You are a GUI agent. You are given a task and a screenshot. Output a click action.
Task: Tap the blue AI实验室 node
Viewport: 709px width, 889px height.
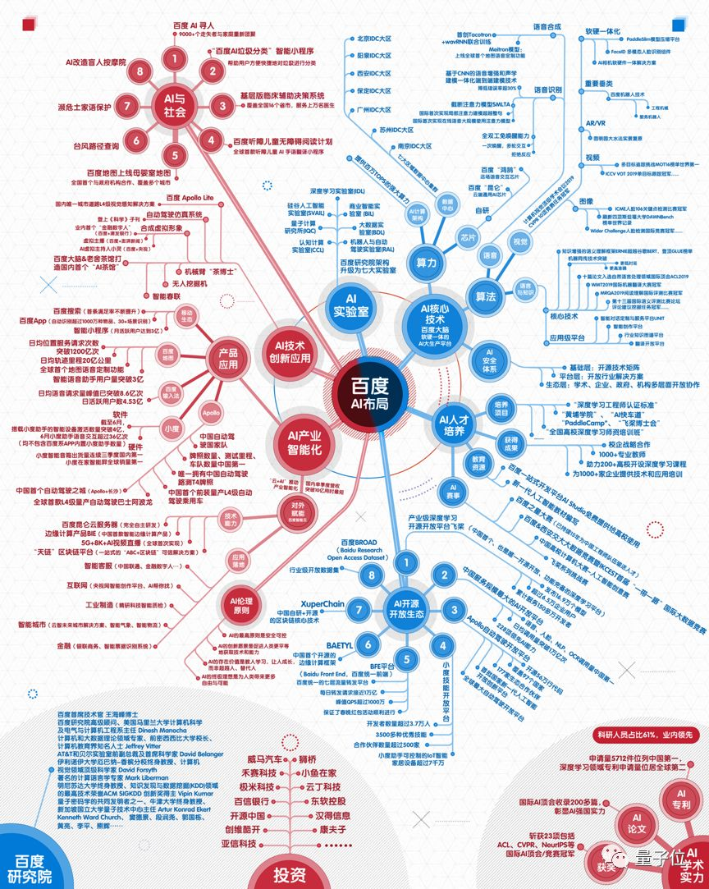point(350,307)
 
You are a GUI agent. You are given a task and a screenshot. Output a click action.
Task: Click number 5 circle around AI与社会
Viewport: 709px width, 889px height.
point(173,154)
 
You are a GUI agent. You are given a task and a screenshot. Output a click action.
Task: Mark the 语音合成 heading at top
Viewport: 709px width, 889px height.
point(547,26)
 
